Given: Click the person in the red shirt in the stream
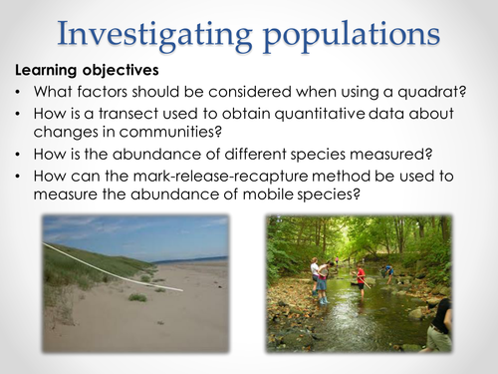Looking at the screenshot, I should pyautogui.click(x=361, y=279).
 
